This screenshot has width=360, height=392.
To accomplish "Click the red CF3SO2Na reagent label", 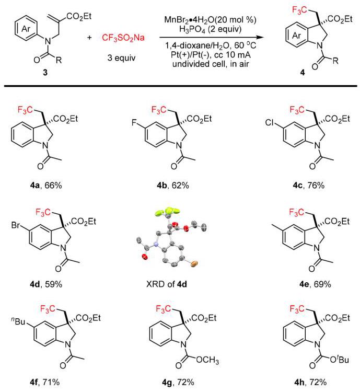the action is click(123, 38).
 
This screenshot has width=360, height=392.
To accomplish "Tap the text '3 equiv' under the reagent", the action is click(122, 57).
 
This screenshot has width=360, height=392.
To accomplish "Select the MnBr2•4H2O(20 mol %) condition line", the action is click(210, 19).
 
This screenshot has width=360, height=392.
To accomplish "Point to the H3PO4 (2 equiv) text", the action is click(210, 29).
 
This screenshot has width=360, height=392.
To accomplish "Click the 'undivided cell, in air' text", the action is click(211, 64).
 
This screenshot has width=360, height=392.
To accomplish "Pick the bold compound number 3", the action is click(45, 73).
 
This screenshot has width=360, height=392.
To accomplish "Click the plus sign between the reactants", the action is click(89, 38).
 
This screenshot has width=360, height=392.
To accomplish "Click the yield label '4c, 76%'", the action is click(309, 186).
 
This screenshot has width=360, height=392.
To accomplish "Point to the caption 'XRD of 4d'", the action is click(167, 284).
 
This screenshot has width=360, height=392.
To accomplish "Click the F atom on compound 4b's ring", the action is click(135, 123).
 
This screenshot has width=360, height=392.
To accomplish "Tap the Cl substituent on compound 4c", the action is click(270, 123).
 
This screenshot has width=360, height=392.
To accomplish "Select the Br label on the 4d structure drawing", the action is click(15, 225).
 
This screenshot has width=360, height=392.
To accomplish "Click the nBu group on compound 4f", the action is click(18, 321).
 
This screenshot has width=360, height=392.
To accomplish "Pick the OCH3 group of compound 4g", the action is click(207, 360).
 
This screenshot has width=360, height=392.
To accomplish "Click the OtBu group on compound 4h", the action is click(339, 360).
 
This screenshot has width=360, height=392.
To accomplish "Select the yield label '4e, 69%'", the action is click(315, 284).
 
